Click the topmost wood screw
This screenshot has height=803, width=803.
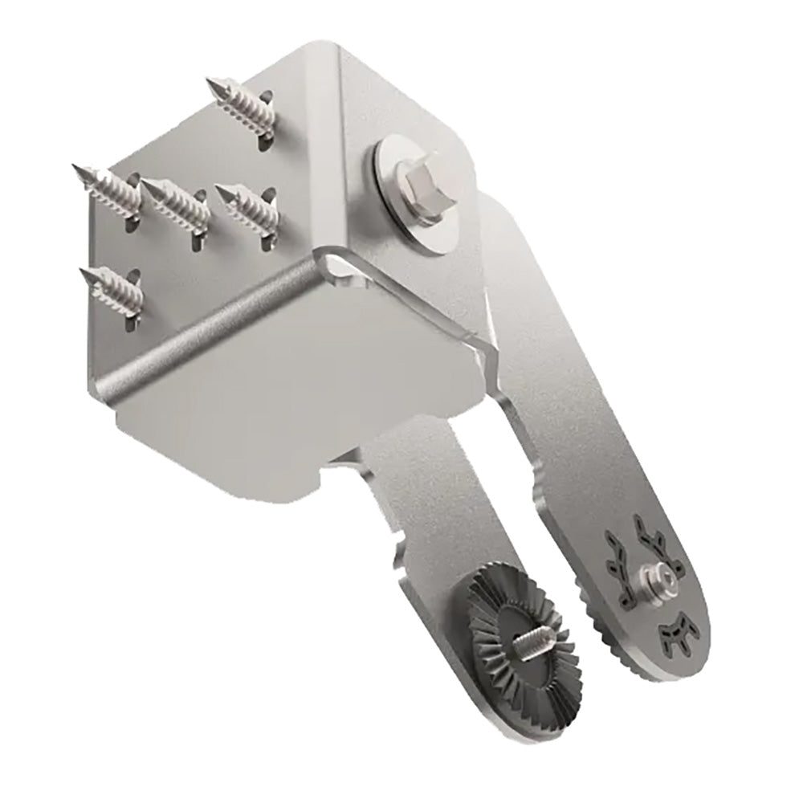[241, 104]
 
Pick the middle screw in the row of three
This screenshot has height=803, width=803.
[177, 206]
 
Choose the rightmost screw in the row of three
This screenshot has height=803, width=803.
[245, 206]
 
